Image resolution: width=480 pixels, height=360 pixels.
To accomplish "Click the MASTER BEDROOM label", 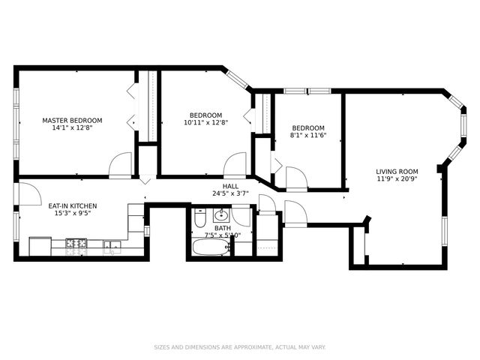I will pyautogui.click(x=72, y=120).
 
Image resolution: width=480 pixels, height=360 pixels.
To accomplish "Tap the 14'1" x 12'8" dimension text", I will pyautogui.click(x=72, y=127).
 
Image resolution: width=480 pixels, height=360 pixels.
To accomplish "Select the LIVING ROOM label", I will pyautogui.click(x=397, y=172).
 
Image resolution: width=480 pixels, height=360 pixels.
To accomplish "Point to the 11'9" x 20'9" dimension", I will pyautogui.click(x=397, y=179).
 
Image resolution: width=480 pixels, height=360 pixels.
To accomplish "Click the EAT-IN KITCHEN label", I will pyautogui.click(x=72, y=205).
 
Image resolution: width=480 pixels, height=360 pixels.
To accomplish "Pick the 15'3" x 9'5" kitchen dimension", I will pyautogui.click(x=72, y=213).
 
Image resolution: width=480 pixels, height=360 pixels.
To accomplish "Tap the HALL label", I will pyautogui.click(x=230, y=186).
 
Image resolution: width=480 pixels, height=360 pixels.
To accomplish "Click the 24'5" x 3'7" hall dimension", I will pyautogui.click(x=230, y=193).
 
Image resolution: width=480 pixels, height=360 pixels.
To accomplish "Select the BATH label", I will pyautogui.click(x=223, y=228).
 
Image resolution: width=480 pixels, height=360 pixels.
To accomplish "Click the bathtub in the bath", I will pyautogui.click(x=211, y=247).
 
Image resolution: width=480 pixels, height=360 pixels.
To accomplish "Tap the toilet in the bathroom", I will pyautogui.click(x=200, y=219).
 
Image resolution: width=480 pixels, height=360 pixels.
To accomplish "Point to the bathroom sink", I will pyautogui.click(x=222, y=216).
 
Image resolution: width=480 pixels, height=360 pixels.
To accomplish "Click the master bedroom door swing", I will pyautogui.click(x=121, y=166).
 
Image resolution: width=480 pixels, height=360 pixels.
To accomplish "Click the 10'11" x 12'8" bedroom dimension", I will pyautogui.click(x=205, y=122).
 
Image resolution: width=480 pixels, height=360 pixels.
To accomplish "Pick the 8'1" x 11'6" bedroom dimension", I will pyautogui.click(x=308, y=135).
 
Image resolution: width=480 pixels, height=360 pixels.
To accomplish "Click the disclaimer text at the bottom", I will pyautogui.click(x=240, y=347).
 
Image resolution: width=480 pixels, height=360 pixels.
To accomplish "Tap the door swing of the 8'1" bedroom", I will pyautogui.click(x=295, y=178).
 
